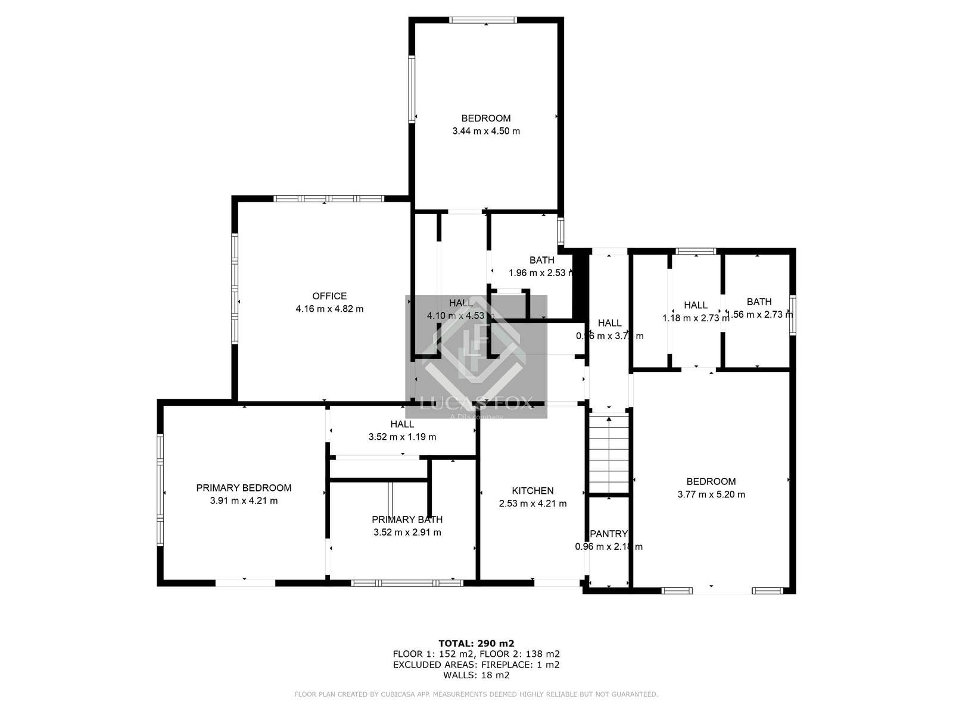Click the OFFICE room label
coord(329,296)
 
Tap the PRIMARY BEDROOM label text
coord(244,488)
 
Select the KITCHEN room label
coord(532,491)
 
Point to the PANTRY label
coord(608,534)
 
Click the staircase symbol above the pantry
coord(609,452)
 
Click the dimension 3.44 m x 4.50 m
coord(486,131)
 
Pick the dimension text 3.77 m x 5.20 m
coord(711,494)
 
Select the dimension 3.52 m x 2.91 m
coord(407,533)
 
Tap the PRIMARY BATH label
coord(407,519)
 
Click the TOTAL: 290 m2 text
coord(476,643)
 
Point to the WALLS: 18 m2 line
coord(476,675)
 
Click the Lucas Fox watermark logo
coord(476,357)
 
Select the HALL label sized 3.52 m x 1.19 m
coord(402,424)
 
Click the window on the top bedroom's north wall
coord(483,20)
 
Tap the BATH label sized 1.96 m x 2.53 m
coord(541,260)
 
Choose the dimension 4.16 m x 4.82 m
coord(329,309)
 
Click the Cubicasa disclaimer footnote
coord(476,694)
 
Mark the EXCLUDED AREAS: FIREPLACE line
coord(476,665)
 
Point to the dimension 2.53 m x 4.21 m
coord(532,503)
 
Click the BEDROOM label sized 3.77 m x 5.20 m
coord(711,481)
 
